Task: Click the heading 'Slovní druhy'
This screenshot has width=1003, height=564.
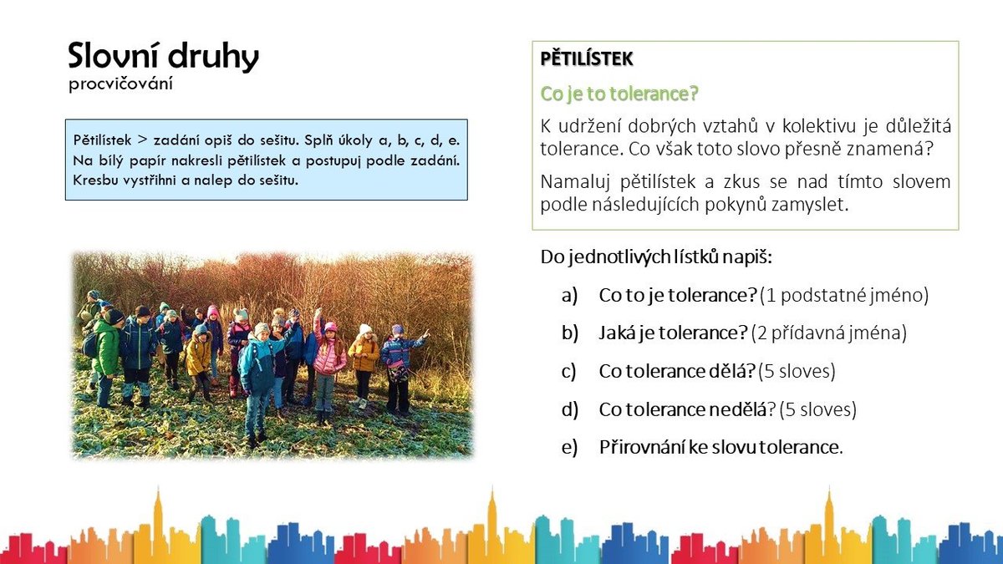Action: tap(164, 57)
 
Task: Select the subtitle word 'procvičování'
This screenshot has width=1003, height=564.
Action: tap(120, 84)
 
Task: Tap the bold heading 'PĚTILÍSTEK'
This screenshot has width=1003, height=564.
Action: tap(587, 58)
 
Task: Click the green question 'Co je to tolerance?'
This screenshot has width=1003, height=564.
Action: tap(619, 94)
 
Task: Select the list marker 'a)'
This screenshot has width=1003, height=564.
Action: tap(569, 296)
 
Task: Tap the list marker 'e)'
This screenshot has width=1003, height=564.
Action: tap(569, 447)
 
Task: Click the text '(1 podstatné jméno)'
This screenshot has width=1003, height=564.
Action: tap(844, 296)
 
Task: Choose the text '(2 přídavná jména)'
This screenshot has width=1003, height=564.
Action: tap(829, 333)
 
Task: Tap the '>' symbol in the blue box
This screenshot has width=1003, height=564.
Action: tap(142, 140)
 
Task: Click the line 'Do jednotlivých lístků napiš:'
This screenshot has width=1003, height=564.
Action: tap(656, 257)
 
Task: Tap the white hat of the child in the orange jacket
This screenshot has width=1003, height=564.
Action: tap(365, 329)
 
